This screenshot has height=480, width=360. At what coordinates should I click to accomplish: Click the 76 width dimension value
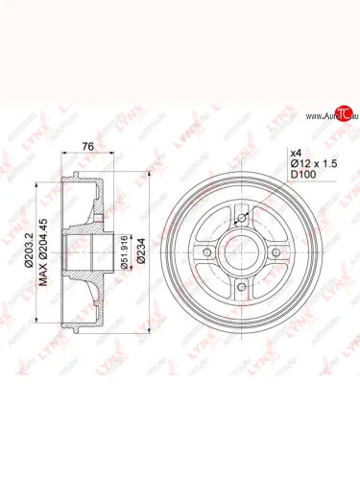point(87,146)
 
